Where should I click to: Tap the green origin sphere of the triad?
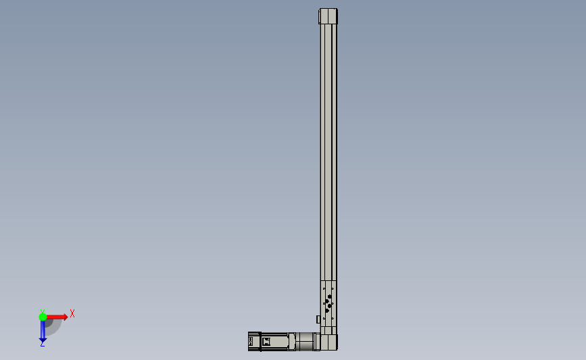coord(43,316)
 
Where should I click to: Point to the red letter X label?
coord(72,313)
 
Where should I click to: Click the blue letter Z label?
coord(42,344)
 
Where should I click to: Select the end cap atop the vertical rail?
coord(328,16)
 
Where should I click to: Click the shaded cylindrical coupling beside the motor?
coord(306,341)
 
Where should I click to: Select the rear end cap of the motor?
coord(254,341)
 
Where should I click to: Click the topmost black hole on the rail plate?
coord(329,296)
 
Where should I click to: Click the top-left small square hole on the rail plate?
coord(324,288)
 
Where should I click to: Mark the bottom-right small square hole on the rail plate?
coord(333,319)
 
